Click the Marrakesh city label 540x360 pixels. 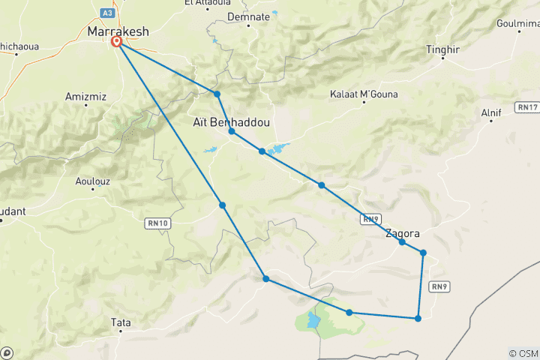(x=118, y=31)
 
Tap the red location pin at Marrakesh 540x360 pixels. (x=118, y=43)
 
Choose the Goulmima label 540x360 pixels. (x=518, y=25)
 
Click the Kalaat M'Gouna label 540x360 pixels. (x=364, y=94)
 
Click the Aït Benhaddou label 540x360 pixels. (x=231, y=121)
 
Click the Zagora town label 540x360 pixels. (x=402, y=233)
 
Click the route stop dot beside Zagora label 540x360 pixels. (x=402, y=242)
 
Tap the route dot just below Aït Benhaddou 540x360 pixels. (x=232, y=131)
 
